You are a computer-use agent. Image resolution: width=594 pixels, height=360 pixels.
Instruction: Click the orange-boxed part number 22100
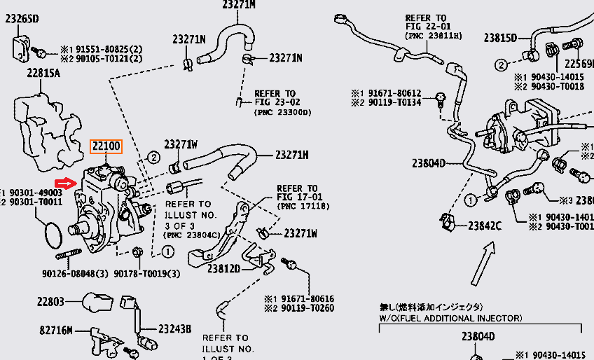106,146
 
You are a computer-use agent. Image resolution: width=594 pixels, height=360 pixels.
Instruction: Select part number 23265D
22,19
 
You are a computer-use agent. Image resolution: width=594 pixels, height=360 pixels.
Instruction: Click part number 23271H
293,155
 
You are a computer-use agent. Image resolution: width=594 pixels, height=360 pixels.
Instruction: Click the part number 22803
51,302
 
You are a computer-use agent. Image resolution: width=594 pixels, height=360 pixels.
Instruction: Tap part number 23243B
174,328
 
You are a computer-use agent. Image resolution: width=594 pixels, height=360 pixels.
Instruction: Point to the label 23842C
485,226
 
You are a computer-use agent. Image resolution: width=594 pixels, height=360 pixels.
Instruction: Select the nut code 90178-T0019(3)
147,273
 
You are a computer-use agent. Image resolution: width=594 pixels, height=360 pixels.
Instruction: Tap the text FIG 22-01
425,27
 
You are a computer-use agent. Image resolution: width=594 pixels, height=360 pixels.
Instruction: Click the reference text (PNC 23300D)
283,112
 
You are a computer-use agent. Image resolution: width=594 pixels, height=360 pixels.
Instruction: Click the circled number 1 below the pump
169,251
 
